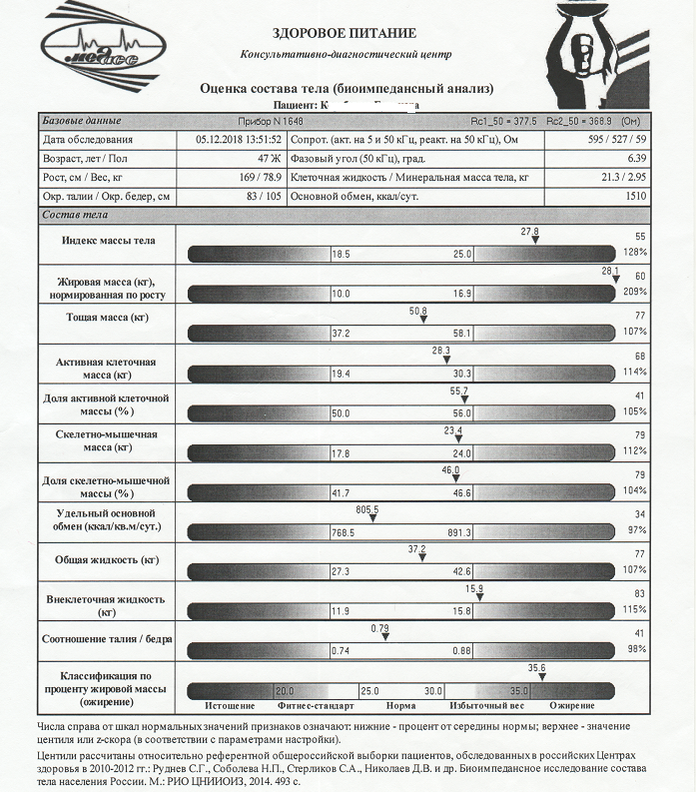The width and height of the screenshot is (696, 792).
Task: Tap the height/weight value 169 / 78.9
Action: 258,178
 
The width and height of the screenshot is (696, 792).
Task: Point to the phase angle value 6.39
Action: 635,159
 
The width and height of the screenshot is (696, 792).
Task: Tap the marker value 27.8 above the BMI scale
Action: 530,232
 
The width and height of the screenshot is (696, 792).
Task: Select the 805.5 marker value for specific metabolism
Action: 368,509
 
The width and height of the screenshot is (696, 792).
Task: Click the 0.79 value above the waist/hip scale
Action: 379,628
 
